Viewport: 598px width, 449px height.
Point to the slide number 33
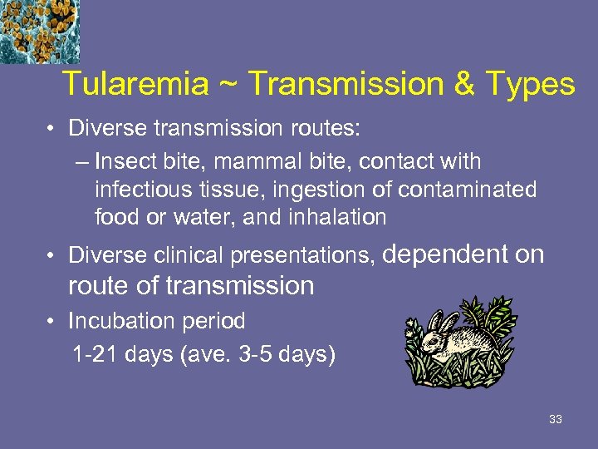point(556,419)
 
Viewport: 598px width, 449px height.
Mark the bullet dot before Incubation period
point(51,321)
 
